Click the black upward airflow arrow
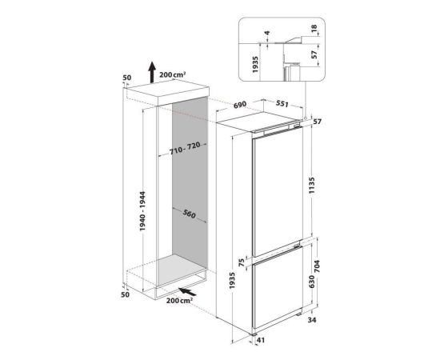click(x=152, y=72)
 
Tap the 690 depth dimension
click(x=240, y=105)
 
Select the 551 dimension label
click(x=282, y=103)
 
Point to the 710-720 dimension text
click(x=185, y=149)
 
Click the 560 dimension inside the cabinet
click(x=189, y=214)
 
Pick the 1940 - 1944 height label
click(x=143, y=211)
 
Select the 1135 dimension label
click(x=312, y=187)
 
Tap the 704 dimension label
click(x=317, y=267)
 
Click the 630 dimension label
click(x=311, y=282)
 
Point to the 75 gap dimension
click(x=241, y=262)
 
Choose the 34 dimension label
click(x=312, y=319)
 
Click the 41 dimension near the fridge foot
click(x=261, y=340)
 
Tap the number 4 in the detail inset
click(x=267, y=33)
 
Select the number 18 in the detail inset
click(x=314, y=28)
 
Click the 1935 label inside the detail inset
click(x=255, y=65)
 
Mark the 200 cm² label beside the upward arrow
click(x=173, y=75)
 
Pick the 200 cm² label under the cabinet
click(x=179, y=301)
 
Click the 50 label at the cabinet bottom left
click(x=126, y=294)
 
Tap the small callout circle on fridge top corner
click(x=305, y=118)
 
